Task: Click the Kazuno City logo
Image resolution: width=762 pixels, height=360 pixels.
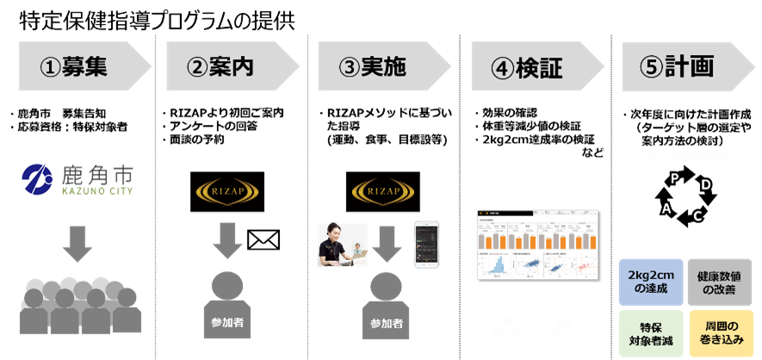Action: [x=77, y=178]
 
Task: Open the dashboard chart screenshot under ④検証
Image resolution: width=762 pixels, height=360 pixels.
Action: [x=536, y=244]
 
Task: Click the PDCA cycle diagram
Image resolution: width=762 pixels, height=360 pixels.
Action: [x=685, y=196]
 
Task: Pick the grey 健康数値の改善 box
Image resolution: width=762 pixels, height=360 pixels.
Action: [x=721, y=282]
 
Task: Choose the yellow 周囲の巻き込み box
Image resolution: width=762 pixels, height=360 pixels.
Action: [x=721, y=334]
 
